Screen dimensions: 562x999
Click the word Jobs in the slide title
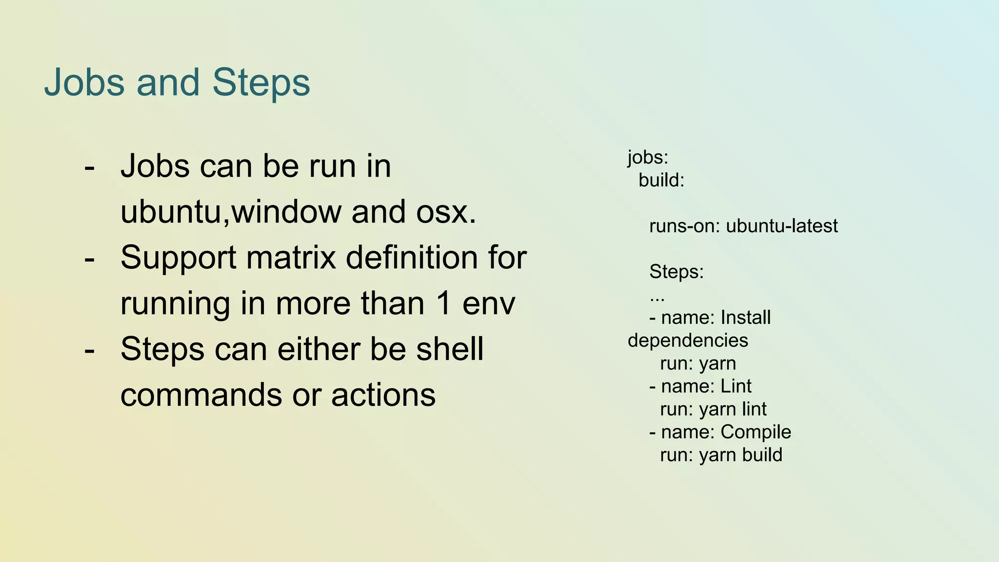[x=84, y=82]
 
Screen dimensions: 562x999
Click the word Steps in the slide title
[x=261, y=82]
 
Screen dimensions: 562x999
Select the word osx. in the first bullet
[x=446, y=212]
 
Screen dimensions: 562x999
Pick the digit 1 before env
[x=443, y=303]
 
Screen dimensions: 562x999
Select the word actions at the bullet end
[x=383, y=395]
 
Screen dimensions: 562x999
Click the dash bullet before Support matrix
[x=89, y=259]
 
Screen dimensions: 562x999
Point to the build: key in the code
[x=661, y=181]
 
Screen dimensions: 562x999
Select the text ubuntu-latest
[x=782, y=226]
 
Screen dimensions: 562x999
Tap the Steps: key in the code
[x=677, y=272]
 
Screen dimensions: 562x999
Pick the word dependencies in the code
[x=688, y=341]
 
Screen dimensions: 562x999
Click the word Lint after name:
[x=736, y=386]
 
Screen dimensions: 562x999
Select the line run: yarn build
[x=721, y=455]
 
